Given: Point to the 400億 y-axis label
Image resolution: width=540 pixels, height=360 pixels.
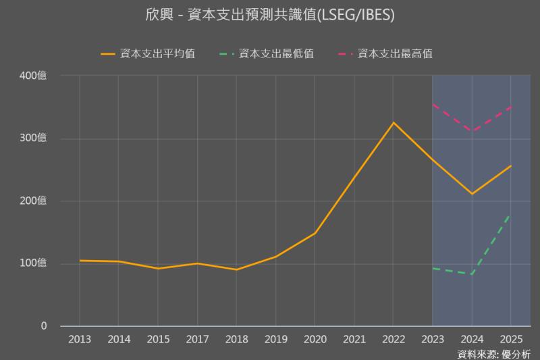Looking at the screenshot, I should (33, 76).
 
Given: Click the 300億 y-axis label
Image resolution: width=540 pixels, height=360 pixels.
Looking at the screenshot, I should (33, 138).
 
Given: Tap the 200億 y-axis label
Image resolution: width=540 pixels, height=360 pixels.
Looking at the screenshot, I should (33, 201).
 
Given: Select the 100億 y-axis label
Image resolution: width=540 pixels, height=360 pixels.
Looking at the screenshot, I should (33, 263).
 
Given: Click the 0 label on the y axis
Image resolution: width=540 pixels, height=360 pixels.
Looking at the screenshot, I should (44, 326).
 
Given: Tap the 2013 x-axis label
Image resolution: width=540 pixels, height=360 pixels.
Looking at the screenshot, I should (80, 339).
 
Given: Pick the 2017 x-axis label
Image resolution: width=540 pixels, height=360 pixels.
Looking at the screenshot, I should (197, 339).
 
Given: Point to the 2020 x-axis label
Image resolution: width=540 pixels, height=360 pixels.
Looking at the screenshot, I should (315, 339).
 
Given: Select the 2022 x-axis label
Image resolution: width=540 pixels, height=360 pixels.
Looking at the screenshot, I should (393, 339).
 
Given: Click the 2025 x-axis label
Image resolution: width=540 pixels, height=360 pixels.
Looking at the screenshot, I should (510, 339).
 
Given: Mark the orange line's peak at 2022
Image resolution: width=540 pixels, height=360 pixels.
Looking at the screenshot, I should (393, 123).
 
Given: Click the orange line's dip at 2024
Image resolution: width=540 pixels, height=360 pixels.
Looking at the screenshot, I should (472, 194).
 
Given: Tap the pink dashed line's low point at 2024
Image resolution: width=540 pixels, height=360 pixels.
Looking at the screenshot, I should (472, 132).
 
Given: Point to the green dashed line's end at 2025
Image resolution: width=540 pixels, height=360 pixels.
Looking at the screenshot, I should (510, 214).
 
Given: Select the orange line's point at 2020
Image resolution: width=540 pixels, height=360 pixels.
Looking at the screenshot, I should (315, 233).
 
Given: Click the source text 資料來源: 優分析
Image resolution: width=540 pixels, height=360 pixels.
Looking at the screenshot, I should (494, 353).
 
